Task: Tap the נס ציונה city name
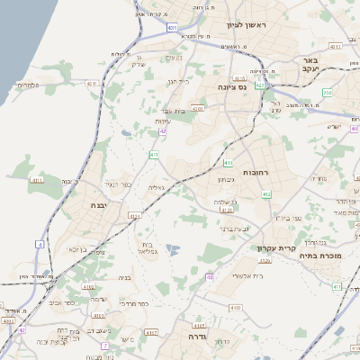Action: click(232, 87)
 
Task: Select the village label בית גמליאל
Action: click(148, 248)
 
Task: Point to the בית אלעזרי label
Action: click(247, 274)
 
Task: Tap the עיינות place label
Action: click(163, 121)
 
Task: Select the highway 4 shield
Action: click(40, 244)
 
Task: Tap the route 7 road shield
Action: click(104, 344)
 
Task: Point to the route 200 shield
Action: click(328, 92)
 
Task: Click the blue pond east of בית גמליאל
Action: click(174, 249)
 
